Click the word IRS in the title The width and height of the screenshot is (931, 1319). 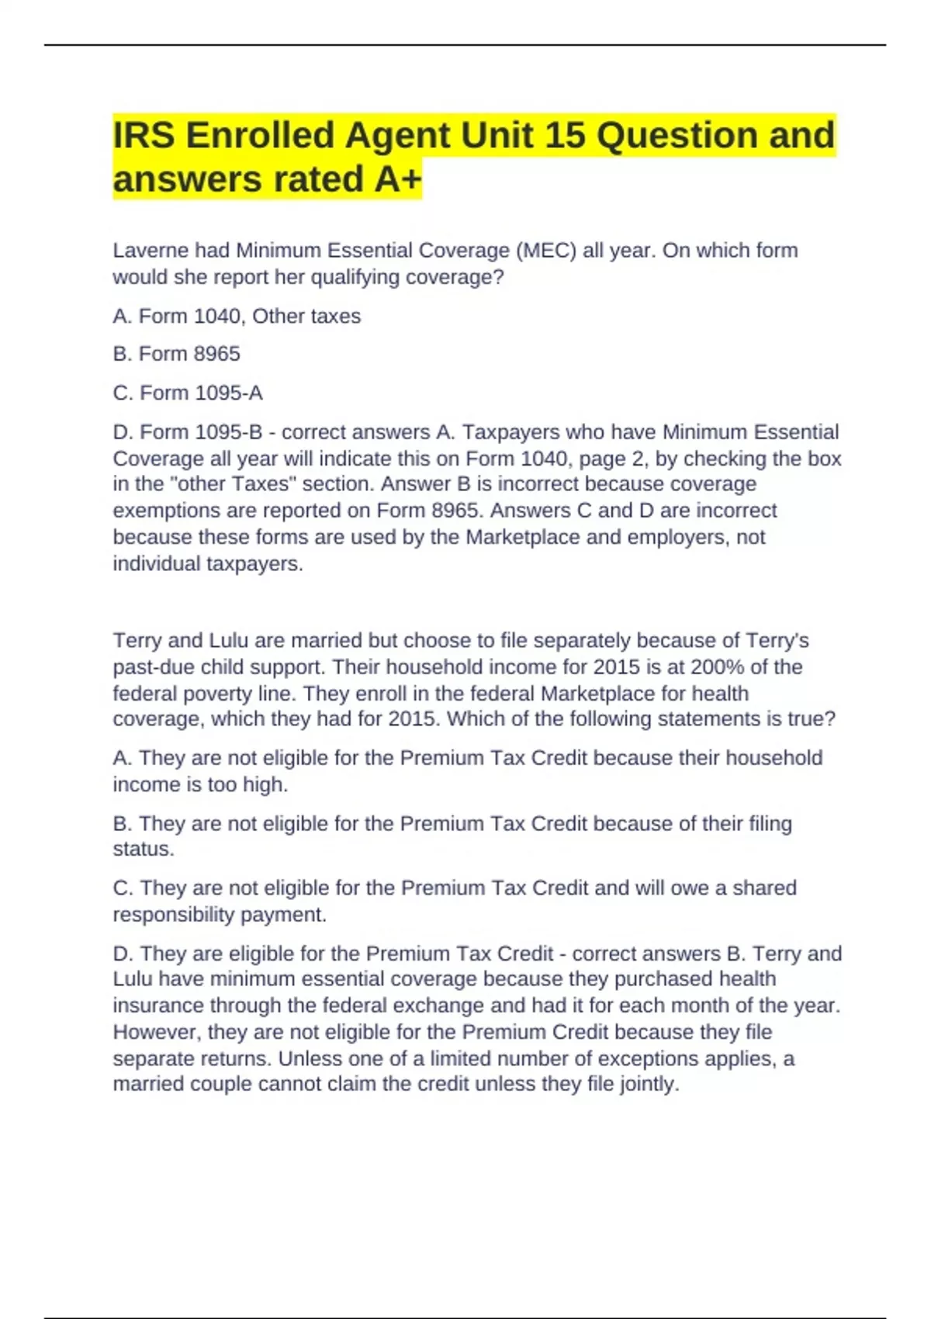[x=144, y=135]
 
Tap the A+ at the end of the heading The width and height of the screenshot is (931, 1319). [x=397, y=179]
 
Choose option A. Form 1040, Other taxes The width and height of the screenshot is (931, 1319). [x=237, y=317]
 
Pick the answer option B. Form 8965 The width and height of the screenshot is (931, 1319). [x=177, y=354]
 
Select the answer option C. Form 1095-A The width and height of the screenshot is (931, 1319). [x=188, y=393]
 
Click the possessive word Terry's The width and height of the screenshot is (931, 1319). [x=777, y=640]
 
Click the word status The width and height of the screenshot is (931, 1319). [x=143, y=850]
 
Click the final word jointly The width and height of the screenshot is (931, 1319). [x=649, y=1084]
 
